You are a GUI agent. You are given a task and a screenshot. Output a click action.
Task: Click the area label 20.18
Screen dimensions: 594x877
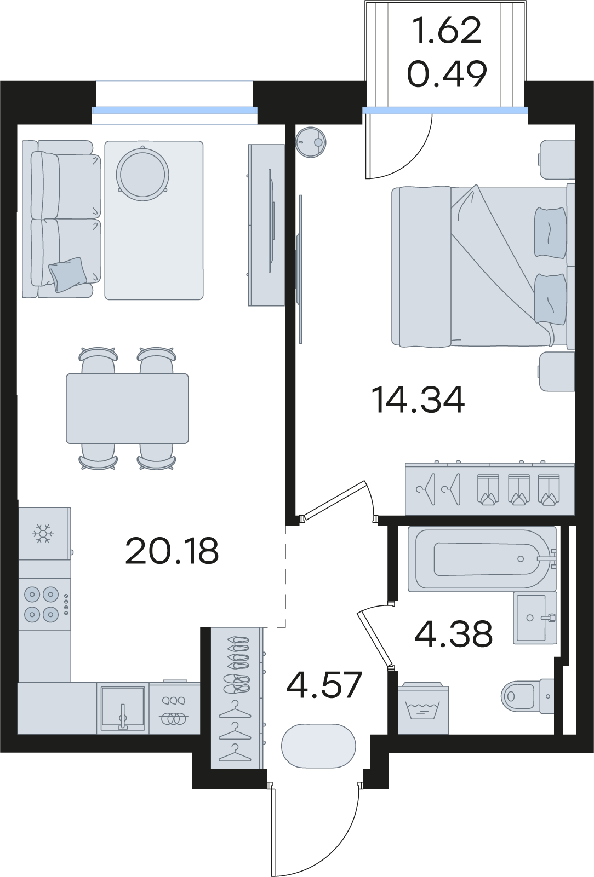point(172,551)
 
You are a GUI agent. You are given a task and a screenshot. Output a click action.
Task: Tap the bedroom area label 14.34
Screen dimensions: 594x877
point(418,399)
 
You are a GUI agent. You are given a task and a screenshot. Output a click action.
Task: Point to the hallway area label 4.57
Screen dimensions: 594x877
point(324,685)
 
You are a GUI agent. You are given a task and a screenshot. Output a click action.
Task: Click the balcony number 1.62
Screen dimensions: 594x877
point(448,31)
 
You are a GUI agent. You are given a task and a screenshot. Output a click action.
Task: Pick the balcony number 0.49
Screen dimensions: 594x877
point(447,74)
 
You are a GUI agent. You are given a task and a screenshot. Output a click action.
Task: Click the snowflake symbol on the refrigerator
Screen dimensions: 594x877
point(43,534)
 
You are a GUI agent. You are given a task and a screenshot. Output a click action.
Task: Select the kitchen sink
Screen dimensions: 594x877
point(123,708)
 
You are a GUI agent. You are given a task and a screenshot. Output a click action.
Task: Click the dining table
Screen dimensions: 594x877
point(127,408)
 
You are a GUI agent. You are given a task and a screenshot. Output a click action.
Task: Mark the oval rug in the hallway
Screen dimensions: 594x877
point(318,746)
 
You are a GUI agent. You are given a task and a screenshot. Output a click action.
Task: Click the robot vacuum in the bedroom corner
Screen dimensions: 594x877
point(311,142)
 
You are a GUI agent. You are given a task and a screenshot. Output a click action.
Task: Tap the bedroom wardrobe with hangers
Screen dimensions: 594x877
point(490,489)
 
